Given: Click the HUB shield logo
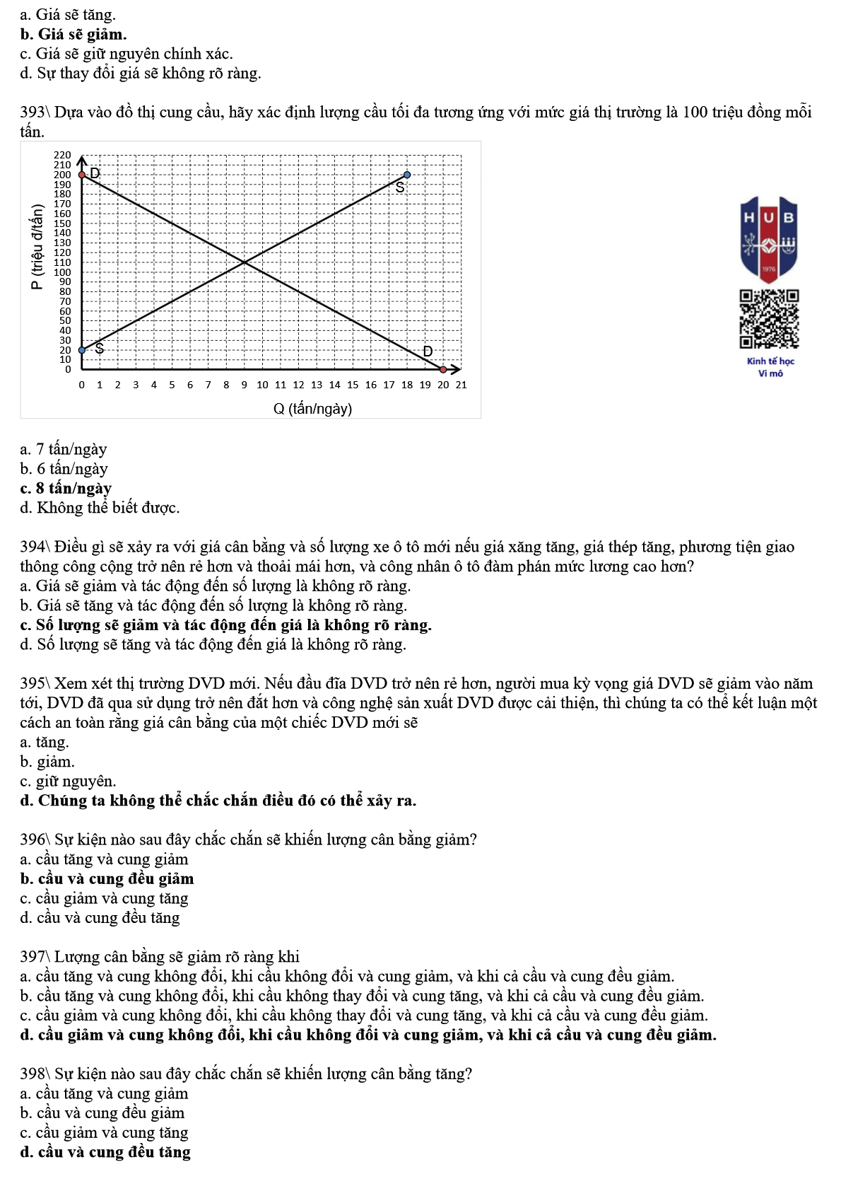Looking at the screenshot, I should coord(769,239).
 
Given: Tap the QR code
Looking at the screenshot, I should coord(769,319).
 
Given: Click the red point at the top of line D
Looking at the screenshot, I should coord(82,174).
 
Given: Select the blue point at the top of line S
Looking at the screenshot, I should coord(407,174).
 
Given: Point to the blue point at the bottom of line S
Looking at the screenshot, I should coord(82,350).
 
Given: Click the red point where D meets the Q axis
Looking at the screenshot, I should coord(443,369).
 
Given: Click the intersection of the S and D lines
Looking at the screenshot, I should coord(245,263).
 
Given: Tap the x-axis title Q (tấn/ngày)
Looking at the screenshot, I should coord(312,409).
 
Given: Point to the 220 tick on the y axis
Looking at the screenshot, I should coord(63,155).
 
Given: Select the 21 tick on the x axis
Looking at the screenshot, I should coord(461,385).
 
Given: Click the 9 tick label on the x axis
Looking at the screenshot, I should coord(244,385).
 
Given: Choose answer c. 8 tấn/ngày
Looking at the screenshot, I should coord(66,488).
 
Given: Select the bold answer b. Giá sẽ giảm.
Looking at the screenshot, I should coord(73,34).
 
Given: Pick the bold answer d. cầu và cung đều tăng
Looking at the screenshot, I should coord(105,1152).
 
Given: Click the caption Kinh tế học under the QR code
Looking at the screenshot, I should coord(770,361).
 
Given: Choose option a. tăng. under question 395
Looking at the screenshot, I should coord(45,742).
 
